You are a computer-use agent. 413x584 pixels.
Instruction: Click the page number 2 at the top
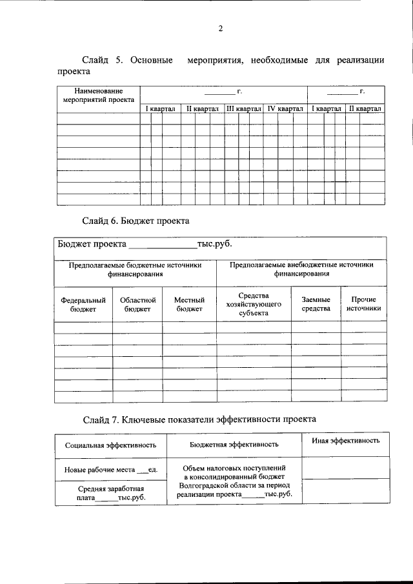(x=220, y=28)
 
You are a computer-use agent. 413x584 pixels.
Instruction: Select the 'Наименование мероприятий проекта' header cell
(x=99, y=96)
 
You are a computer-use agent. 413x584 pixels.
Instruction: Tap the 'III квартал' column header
(x=243, y=109)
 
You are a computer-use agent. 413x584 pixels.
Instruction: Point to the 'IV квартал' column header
(x=285, y=109)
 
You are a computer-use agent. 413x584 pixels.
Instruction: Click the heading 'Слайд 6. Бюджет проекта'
(x=136, y=221)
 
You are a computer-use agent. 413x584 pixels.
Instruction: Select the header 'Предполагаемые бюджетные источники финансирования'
(x=136, y=269)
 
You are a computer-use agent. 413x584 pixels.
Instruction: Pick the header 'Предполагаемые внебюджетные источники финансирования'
(x=301, y=269)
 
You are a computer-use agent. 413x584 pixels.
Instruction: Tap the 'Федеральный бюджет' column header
(x=83, y=305)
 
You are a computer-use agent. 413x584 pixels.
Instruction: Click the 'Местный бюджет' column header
(x=190, y=305)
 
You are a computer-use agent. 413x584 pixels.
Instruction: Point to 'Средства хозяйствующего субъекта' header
(x=253, y=304)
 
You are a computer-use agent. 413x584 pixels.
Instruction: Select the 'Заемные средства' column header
(x=316, y=304)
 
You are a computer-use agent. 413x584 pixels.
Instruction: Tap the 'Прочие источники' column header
(x=363, y=304)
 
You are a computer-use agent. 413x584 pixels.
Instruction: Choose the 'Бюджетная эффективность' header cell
(x=234, y=444)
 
